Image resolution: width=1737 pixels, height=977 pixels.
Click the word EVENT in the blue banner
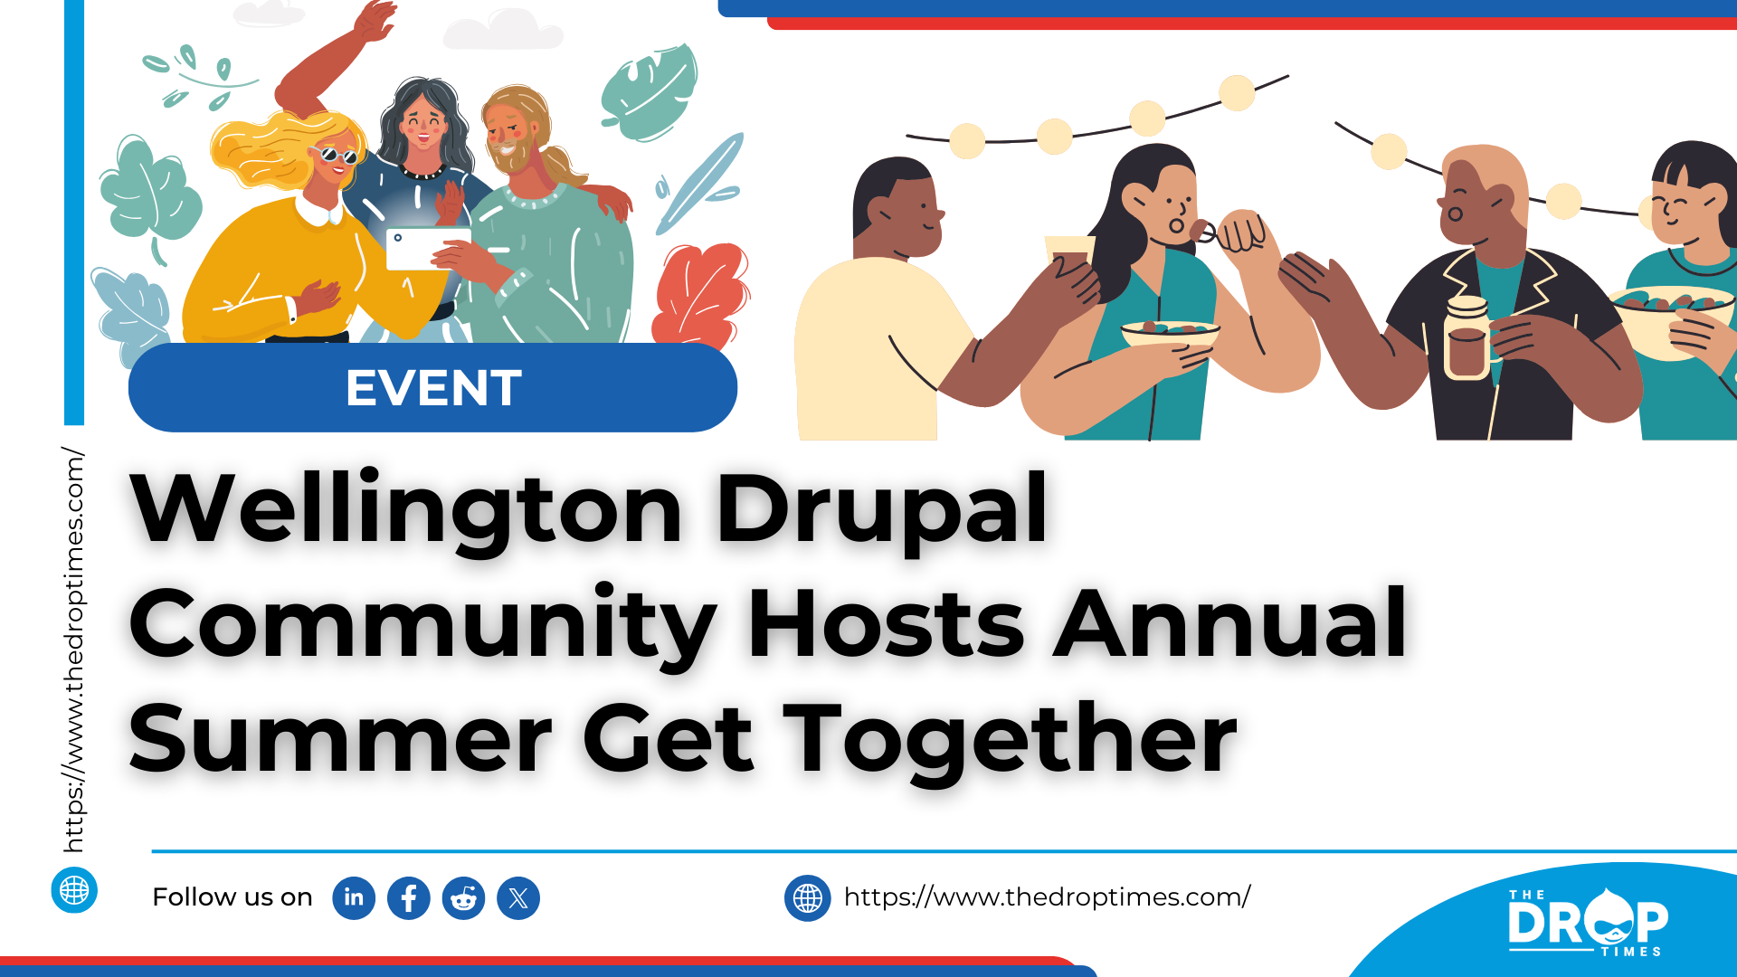point(433,388)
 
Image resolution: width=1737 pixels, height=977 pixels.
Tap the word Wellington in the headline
point(406,508)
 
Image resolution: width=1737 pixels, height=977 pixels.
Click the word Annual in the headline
point(1230,623)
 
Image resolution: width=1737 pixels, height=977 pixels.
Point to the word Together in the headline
point(1010,740)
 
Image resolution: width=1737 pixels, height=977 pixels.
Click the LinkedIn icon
point(354,898)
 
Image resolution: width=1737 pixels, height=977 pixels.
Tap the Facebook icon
point(409,898)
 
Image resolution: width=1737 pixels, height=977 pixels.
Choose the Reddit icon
point(463,898)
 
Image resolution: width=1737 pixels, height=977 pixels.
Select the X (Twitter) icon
point(518,898)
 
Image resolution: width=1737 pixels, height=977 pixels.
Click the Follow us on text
point(233,897)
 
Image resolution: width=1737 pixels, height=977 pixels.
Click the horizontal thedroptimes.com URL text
point(1047,896)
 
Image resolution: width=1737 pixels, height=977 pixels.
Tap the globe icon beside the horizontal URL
point(808,898)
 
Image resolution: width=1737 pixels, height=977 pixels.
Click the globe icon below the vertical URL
point(74,890)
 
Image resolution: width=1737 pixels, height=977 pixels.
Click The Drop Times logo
point(1588,922)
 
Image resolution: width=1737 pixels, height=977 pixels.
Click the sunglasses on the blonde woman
point(336,155)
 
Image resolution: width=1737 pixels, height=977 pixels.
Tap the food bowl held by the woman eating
point(1170,334)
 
